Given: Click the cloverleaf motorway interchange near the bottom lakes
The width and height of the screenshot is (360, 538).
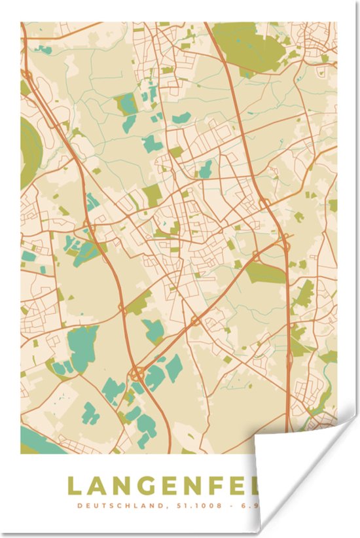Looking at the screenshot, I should click(138, 374).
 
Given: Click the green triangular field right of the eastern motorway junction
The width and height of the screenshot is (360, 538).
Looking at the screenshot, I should click(303, 295).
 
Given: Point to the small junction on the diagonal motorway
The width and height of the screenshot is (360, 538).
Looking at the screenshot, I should click(195, 321).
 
